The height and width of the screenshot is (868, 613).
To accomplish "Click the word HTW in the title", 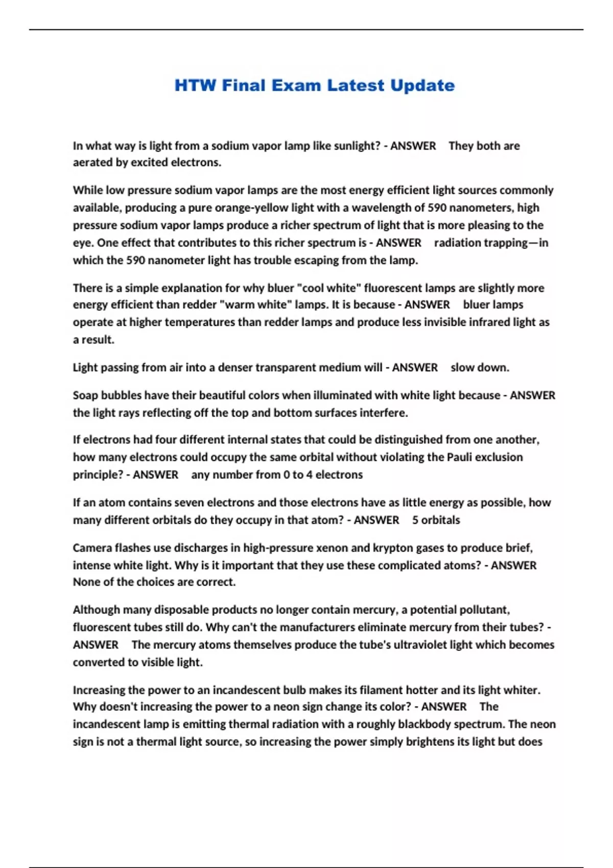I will point(195,85).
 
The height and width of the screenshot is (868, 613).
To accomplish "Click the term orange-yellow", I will point(251,208).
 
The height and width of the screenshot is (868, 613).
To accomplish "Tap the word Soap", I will point(85,395).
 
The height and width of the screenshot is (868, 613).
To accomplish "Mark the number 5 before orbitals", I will point(415,520).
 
